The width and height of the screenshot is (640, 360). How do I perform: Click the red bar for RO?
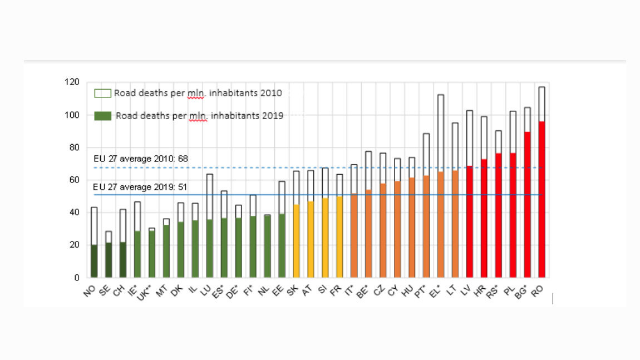coord(541,199)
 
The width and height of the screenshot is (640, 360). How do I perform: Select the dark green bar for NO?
coord(93,261)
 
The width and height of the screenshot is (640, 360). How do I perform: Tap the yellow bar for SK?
coord(296,241)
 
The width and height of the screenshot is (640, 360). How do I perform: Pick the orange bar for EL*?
coord(441,224)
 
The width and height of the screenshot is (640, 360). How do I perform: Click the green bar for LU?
coord(209,248)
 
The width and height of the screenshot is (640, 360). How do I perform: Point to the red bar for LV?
coord(470,221)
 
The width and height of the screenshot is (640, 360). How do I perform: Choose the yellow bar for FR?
coord(339,236)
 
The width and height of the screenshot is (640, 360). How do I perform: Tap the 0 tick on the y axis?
coord(77,278)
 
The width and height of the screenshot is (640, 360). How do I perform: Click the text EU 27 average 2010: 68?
coord(140,159)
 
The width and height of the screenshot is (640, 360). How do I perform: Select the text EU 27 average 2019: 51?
coord(140,187)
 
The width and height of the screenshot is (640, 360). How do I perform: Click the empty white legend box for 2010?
coord(102,93)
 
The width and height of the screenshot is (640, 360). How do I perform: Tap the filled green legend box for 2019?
coord(102,116)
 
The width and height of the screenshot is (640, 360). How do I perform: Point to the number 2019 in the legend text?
coord(273,116)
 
